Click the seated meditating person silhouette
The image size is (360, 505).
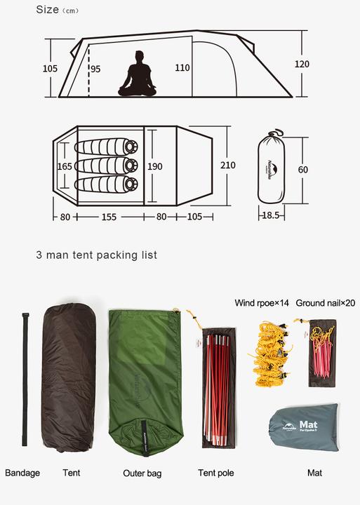(138, 74)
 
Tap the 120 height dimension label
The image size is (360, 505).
(302, 64)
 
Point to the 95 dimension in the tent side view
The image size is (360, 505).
(95, 69)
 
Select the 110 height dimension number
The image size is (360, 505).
(182, 68)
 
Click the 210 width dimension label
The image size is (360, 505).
(228, 166)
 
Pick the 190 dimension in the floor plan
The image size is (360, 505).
(155, 166)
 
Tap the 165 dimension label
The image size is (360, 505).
(65, 166)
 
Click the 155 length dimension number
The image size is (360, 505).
(109, 217)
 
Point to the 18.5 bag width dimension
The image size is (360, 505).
(270, 215)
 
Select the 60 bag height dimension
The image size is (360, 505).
(303, 169)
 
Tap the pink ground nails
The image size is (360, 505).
(323, 357)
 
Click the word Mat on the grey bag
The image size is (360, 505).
(308, 424)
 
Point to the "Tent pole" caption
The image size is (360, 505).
(216, 473)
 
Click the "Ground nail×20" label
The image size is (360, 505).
(326, 303)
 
